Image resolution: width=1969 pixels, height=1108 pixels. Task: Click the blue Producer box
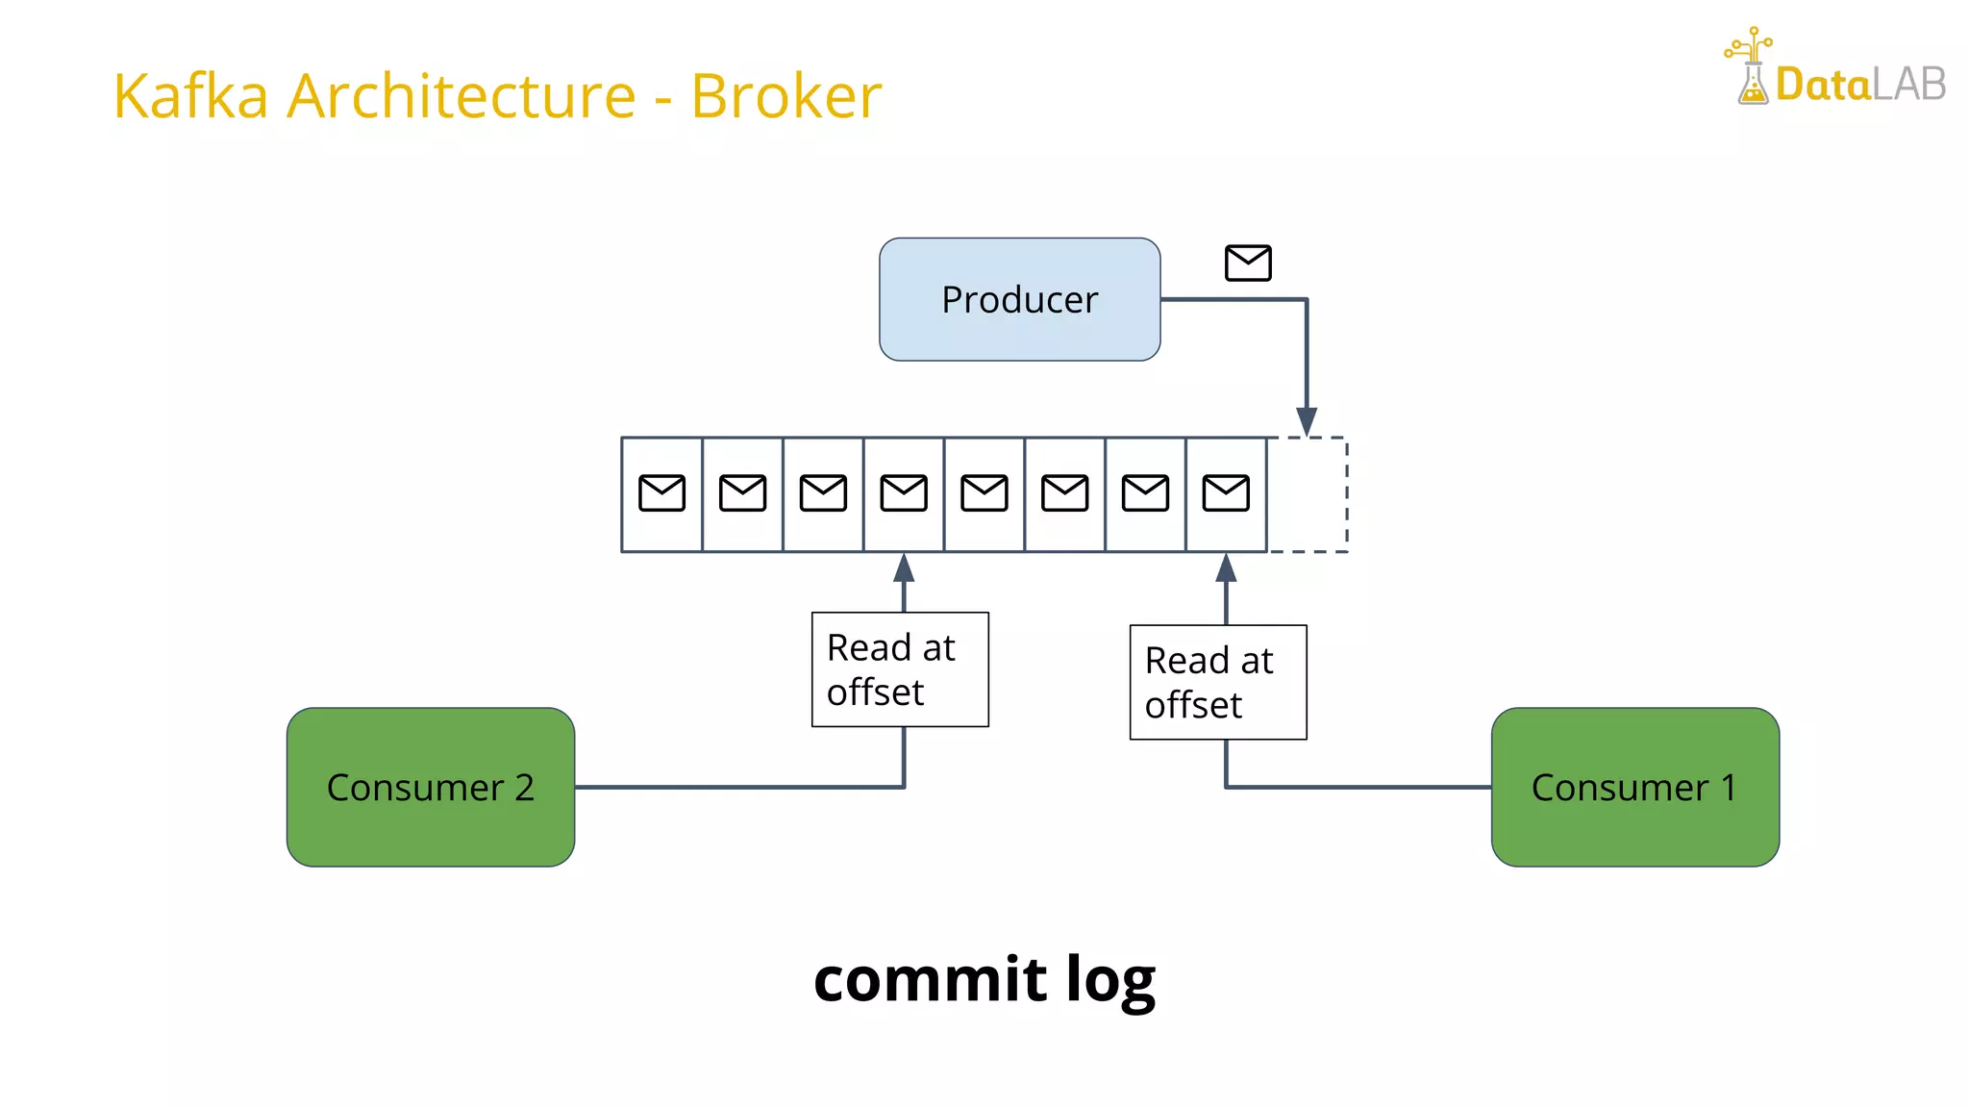1019,299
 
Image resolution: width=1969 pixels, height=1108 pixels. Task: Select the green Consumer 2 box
430,787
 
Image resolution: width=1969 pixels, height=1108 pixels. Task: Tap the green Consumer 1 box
1634,787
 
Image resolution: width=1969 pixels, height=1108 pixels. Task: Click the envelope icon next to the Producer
1248,263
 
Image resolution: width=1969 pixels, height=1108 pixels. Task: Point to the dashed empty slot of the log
1308,494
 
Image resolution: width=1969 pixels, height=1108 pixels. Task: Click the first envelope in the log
661,493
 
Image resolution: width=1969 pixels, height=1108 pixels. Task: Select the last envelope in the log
1226,493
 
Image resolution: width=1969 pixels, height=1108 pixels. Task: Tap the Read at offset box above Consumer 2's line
900,669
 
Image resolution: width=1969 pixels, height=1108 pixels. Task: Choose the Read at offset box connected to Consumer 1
1217,682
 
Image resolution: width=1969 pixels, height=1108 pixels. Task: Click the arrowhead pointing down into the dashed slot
1307,420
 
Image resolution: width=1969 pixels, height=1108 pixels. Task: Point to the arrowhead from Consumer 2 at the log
904,568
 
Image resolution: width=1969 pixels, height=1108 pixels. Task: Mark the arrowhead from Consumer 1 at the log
1226,568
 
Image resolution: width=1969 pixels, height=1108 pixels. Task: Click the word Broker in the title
785,96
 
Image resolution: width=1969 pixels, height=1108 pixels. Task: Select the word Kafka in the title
190,96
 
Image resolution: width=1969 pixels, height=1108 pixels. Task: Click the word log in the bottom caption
1110,981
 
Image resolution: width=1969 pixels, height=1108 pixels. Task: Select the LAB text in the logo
1909,86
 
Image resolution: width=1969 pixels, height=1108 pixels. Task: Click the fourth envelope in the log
904,493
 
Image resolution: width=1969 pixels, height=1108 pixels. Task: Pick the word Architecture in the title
461,96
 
